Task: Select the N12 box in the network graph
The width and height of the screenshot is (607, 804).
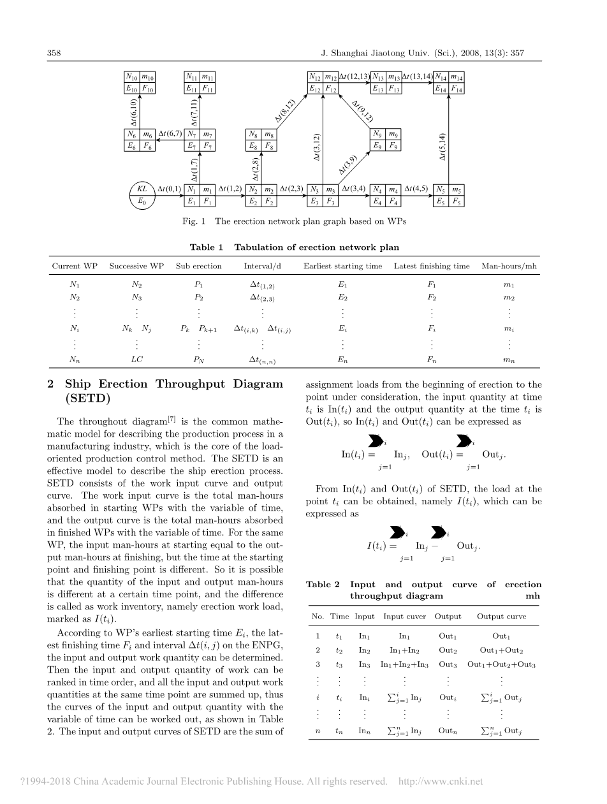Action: tap(316, 77)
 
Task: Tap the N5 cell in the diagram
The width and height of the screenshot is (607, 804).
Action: tap(441, 189)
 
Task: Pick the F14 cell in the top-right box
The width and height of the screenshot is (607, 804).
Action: tap(457, 89)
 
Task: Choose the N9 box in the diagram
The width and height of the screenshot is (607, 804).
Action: tap(377, 134)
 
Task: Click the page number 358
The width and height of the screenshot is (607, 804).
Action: tap(54, 54)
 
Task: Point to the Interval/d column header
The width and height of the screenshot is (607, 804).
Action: tap(262, 266)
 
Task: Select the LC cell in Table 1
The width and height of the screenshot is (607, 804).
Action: tap(136, 359)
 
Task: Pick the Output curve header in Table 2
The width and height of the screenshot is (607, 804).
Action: tap(501, 617)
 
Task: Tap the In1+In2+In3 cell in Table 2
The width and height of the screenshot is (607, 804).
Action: tap(404, 664)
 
